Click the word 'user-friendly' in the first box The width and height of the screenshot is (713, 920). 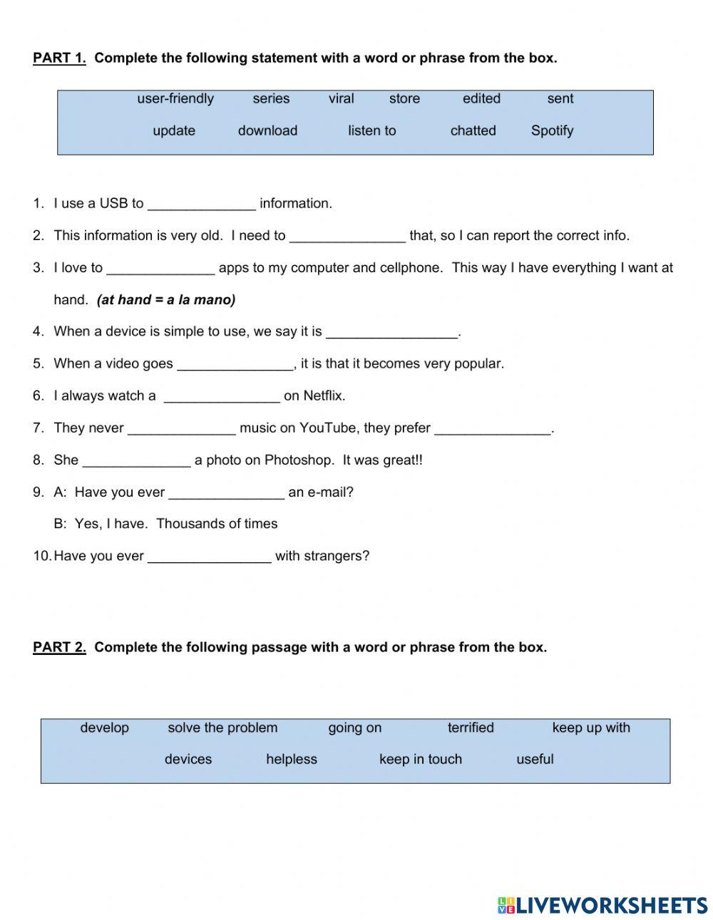[x=175, y=98]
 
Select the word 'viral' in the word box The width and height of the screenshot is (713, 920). [x=341, y=98]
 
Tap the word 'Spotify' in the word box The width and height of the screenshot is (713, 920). [x=552, y=130]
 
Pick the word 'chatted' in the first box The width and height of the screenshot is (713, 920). [x=473, y=130]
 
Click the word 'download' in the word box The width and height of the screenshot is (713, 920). [x=267, y=130]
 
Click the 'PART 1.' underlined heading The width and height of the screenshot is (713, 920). [x=59, y=58]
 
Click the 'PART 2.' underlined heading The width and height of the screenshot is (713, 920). [x=59, y=647]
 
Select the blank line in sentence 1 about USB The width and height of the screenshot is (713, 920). [x=201, y=205]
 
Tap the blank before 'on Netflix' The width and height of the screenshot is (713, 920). [x=222, y=397]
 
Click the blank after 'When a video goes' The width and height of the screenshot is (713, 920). [x=235, y=365]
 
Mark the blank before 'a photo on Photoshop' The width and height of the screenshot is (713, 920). [x=137, y=461]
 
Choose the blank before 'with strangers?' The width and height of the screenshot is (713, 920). [x=210, y=557]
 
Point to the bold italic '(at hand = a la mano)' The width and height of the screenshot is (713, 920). [x=166, y=300]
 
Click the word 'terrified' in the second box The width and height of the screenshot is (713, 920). [x=471, y=728]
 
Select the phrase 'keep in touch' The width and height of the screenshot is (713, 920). [x=421, y=759]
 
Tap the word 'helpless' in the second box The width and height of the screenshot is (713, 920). [x=292, y=759]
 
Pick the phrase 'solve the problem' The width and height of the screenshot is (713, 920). [x=222, y=728]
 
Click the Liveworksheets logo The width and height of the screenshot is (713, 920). [x=602, y=905]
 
